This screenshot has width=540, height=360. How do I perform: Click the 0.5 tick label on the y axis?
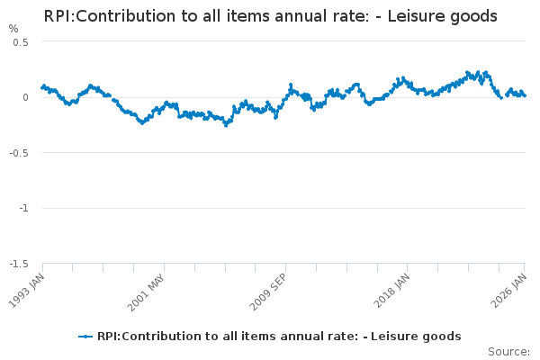click(x=21, y=42)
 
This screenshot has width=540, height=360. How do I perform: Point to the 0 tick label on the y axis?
click(x=25, y=97)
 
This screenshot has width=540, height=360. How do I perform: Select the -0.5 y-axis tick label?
click(x=19, y=152)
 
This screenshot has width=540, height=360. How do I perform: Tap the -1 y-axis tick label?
click(x=23, y=208)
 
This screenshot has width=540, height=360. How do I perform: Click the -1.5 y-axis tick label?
click(x=19, y=263)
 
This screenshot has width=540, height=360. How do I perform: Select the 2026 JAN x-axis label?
click(x=511, y=290)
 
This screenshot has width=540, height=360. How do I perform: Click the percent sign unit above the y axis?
click(x=13, y=28)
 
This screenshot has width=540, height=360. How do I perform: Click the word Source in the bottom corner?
click(x=508, y=351)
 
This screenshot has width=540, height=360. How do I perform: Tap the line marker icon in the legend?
click(x=85, y=336)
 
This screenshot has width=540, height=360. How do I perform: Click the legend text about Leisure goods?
click(x=279, y=336)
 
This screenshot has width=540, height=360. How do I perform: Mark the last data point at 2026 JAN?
click(x=525, y=95)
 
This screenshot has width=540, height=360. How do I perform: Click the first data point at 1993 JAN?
click(x=42, y=86)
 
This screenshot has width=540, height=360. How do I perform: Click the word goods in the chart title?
click(x=473, y=16)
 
